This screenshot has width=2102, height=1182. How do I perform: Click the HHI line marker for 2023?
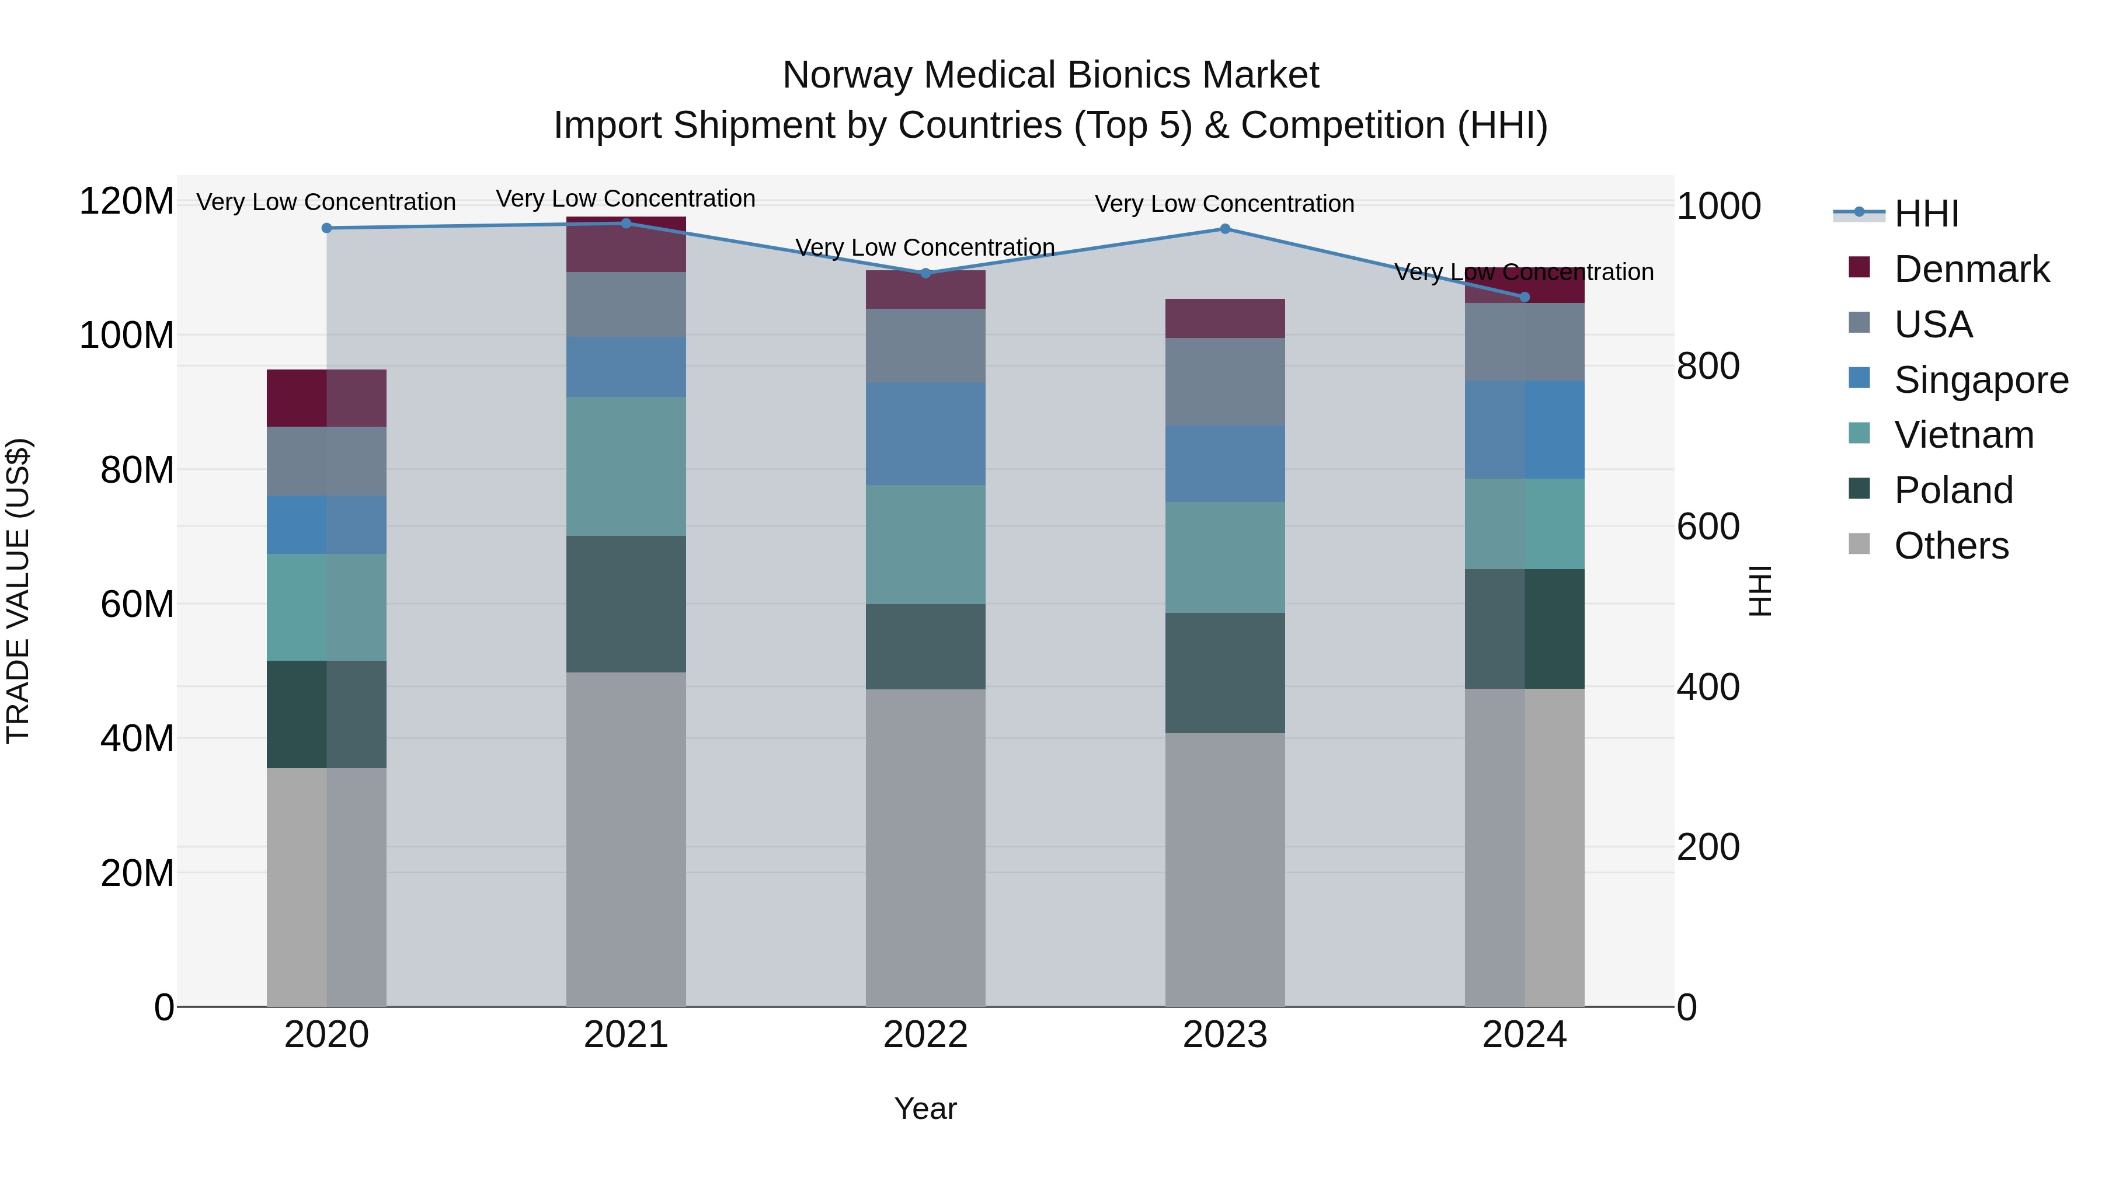click(x=1225, y=229)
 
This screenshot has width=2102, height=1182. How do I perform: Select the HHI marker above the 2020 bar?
click(x=326, y=228)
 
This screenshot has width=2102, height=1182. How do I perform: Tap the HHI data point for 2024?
click(x=1525, y=297)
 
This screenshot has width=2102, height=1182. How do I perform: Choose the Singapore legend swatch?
click(x=1859, y=378)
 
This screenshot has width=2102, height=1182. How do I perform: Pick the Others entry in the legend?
click(x=1951, y=546)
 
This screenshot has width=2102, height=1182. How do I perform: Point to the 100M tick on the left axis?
click(x=127, y=335)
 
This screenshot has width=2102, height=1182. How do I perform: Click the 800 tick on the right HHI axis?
click(x=1708, y=366)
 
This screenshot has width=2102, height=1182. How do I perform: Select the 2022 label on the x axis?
click(x=925, y=1035)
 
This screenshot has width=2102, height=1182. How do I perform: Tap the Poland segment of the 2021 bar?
click(x=626, y=604)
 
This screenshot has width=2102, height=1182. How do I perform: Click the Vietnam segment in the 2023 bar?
click(x=1225, y=557)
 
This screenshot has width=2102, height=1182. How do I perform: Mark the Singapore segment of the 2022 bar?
click(x=925, y=434)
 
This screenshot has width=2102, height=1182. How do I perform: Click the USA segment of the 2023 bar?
click(x=1225, y=382)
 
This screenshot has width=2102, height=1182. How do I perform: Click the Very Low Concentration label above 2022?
click(x=925, y=247)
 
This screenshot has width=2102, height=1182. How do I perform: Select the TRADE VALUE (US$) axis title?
click(x=18, y=591)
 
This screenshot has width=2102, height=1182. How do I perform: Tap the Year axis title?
click(x=925, y=1108)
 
